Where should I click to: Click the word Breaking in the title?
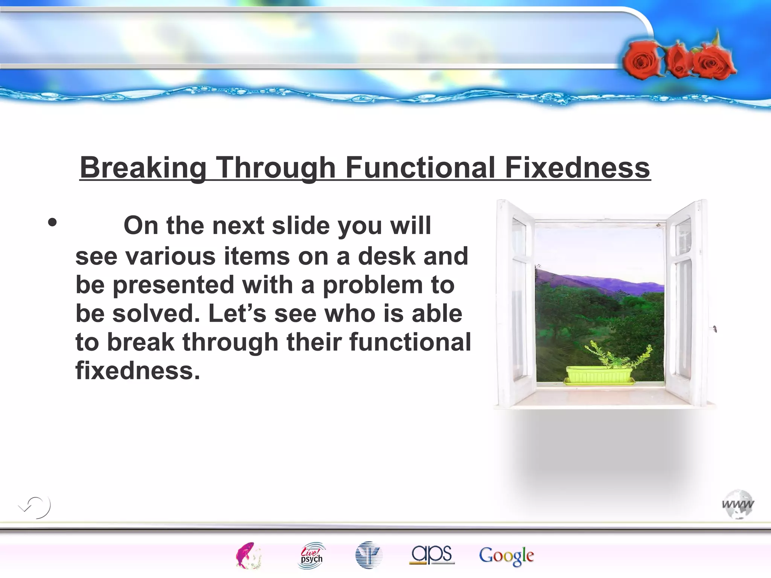click(x=143, y=167)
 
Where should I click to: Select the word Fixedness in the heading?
click(x=577, y=167)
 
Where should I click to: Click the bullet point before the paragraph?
click(x=52, y=222)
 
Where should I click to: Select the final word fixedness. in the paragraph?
click(x=138, y=371)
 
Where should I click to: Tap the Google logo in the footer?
click(x=506, y=555)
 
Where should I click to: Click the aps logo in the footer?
click(x=432, y=555)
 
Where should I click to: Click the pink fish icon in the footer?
click(x=247, y=555)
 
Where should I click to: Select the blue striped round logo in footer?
click(x=369, y=555)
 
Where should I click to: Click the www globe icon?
click(x=738, y=504)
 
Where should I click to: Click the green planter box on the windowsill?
click(x=599, y=375)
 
